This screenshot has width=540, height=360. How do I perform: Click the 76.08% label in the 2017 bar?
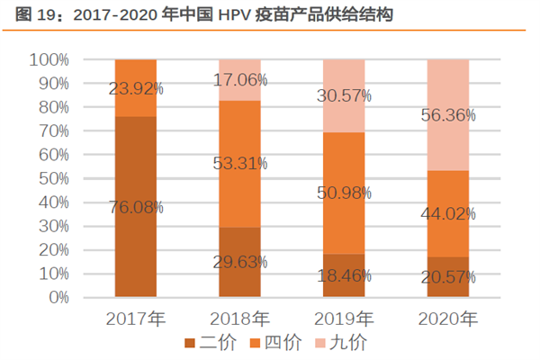[136, 207]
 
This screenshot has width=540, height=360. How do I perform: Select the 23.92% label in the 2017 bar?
[136, 88]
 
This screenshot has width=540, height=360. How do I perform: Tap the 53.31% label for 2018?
[239, 163]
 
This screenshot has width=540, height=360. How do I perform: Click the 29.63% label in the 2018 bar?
[239, 262]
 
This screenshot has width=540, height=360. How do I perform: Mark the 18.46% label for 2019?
[344, 275]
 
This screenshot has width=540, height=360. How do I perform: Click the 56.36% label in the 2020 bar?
[448, 115]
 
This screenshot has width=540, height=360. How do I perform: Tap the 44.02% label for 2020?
[448, 213]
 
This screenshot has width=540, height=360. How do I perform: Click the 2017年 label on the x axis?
[136, 318]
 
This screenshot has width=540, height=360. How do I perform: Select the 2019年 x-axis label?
[344, 318]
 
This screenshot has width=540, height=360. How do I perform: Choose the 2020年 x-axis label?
[448, 318]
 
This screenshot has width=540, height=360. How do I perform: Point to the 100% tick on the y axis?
[50, 59]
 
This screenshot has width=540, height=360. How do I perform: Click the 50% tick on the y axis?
[54, 178]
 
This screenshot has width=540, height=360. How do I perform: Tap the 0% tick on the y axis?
[58, 297]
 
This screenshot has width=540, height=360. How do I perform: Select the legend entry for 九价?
[341, 342]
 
